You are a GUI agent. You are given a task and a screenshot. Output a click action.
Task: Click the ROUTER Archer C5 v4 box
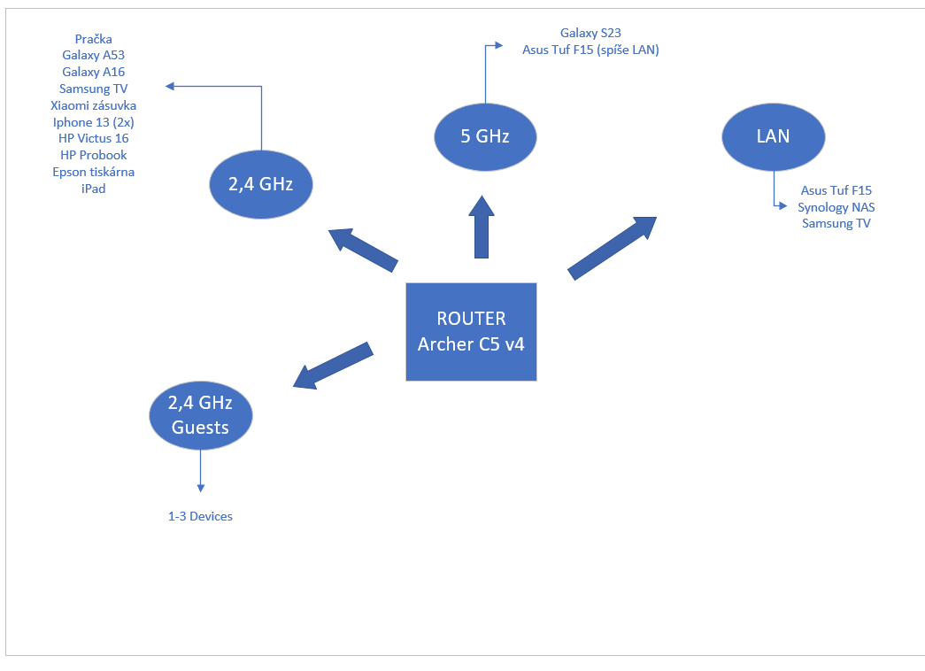[471, 331]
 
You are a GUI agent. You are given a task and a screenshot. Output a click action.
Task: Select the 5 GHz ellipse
[485, 137]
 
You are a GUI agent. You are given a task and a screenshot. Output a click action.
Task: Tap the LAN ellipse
[773, 137]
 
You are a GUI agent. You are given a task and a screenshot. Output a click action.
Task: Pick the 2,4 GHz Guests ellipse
[200, 414]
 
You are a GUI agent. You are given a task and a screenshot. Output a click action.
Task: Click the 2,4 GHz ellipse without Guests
[261, 184]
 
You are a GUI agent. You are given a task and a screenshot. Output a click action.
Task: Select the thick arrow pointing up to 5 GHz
[482, 228]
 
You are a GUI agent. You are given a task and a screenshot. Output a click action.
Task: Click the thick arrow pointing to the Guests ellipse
[332, 365]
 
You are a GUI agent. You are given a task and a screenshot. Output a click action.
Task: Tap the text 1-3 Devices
[200, 516]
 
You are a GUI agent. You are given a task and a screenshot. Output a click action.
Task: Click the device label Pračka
[93, 39]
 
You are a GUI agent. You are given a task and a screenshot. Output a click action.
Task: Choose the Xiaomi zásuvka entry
[93, 105]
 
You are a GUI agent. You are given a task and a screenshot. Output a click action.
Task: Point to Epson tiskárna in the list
[93, 172]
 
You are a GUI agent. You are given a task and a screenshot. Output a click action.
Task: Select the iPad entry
[93, 189]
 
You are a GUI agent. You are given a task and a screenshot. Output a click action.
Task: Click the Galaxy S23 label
[590, 34]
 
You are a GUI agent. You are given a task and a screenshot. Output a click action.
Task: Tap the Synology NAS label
[836, 207]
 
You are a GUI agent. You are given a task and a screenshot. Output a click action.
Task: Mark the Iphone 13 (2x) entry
[93, 122]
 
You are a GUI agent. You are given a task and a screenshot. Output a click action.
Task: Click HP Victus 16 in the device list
[93, 138]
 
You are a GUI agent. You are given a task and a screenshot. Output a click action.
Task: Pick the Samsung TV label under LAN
[836, 223]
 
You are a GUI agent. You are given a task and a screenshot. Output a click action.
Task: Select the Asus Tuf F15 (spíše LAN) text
[590, 50]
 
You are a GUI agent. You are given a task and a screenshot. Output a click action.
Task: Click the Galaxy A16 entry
[93, 72]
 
